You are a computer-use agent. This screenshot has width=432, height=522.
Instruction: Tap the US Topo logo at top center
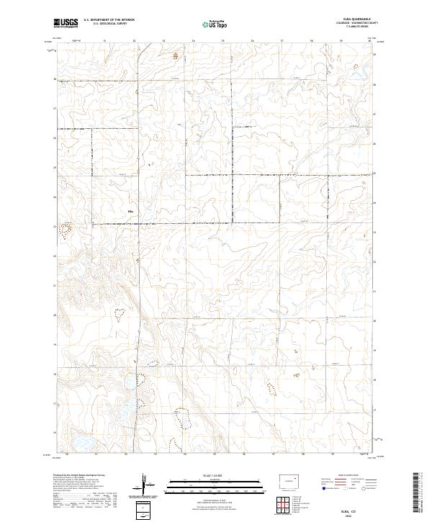[x=216, y=24]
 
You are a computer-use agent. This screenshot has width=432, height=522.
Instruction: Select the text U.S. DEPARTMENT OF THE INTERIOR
[x=109, y=19]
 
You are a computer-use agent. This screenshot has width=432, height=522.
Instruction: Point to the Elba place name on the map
[x=130, y=211]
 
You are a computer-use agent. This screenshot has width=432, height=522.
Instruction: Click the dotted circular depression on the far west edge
[x=66, y=230]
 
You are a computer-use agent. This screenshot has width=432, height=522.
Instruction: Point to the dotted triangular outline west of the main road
[x=120, y=312]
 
